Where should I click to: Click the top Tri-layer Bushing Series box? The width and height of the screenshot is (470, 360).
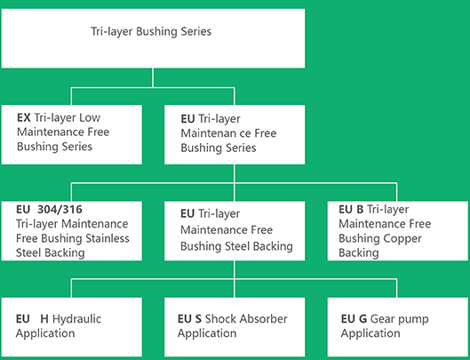tap(153, 38)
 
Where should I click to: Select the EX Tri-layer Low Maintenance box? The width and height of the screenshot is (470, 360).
tap(72, 135)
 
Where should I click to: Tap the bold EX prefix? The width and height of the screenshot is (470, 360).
tap(24, 117)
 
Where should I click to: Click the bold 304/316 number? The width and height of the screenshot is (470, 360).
tap(60, 209)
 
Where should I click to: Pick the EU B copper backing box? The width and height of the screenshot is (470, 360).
tap(397, 231)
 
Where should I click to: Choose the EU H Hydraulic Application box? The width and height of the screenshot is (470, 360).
tap(72, 327)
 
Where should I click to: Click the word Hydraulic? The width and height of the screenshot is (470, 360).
tap(76, 318)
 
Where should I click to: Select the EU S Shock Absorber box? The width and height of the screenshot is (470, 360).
tap(235, 327)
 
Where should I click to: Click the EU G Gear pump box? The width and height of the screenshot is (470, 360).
tap(397, 327)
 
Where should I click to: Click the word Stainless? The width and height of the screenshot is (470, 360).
tap(108, 238)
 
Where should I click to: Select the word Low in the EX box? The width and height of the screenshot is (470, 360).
tap(90, 117)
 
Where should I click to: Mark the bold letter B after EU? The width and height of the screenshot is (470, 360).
tap(360, 210)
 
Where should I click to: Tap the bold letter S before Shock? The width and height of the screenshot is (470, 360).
tap(198, 318)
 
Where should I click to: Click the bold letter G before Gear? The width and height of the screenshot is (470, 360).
tap(362, 318)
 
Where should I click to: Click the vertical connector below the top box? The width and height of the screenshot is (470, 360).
tap(153, 77)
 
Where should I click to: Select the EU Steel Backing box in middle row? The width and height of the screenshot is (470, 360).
tap(235, 231)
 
